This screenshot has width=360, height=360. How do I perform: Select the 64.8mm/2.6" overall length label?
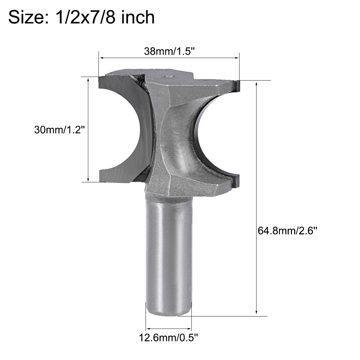(288, 231)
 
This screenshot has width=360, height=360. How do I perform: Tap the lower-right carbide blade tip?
(237, 179)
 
